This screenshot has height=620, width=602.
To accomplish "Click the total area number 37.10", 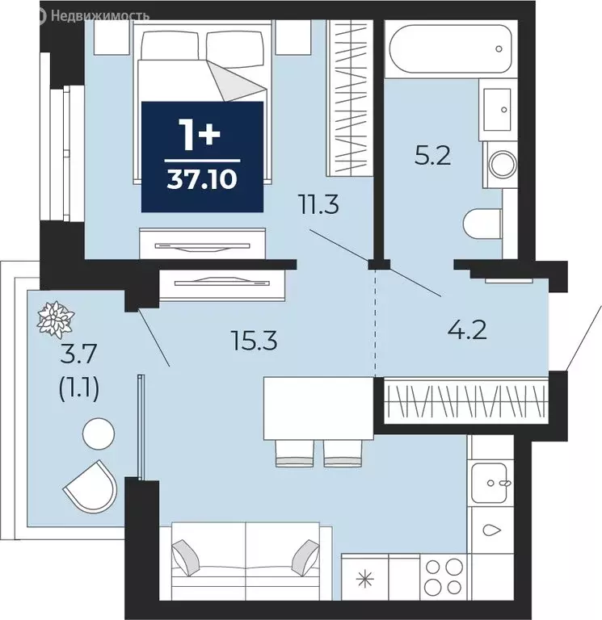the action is [202, 180].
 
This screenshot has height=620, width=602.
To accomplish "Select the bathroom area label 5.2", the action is [432, 156].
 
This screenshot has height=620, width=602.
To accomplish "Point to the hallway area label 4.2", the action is [467, 331].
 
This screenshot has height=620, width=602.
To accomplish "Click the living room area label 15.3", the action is [254, 341].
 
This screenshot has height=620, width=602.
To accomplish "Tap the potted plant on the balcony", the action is [56, 319].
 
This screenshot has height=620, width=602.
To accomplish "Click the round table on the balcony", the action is [99, 434].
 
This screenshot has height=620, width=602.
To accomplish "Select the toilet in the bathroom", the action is [482, 224].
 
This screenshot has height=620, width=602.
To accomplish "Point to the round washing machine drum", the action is [503, 165].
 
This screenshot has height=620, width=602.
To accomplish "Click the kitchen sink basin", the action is [490, 483].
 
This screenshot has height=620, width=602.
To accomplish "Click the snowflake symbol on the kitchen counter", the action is [364, 580].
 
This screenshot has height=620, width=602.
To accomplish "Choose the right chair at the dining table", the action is [343, 454].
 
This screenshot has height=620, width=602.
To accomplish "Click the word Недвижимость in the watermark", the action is [100, 16].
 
